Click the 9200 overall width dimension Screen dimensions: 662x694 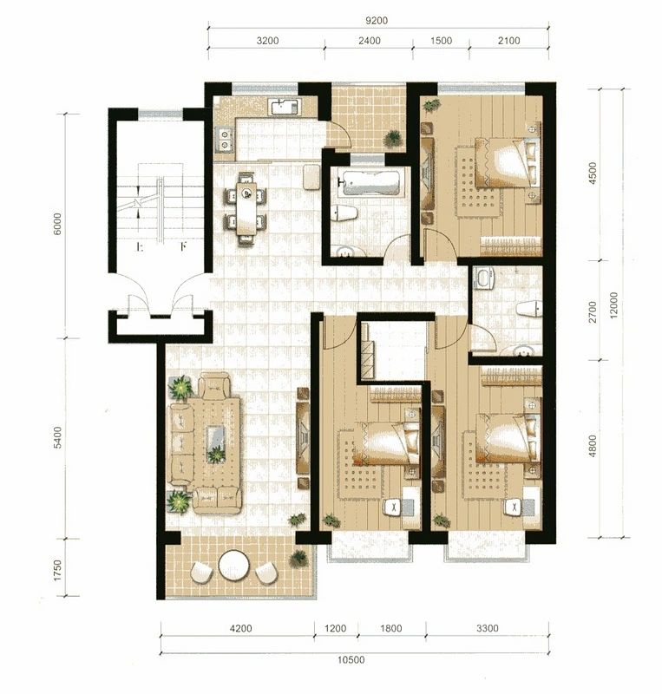[377, 20]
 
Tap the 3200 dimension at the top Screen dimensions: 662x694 [267, 41]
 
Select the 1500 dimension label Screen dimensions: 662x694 [441, 41]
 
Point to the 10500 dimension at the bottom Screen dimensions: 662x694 [351, 660]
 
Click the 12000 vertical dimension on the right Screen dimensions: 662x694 [613, 305]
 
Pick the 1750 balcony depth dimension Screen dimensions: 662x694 [57, 571]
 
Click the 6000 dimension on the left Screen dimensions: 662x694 [57, 225]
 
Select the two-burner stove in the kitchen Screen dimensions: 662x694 [225, 139]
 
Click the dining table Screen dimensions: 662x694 [246, 208]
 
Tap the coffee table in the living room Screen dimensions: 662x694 [216, 444]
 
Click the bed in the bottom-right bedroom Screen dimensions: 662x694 [508, 438]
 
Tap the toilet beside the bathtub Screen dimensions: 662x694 [345, 213]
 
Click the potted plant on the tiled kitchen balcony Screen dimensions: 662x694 [392, 138]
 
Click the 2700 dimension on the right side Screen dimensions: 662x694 [593, 311]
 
